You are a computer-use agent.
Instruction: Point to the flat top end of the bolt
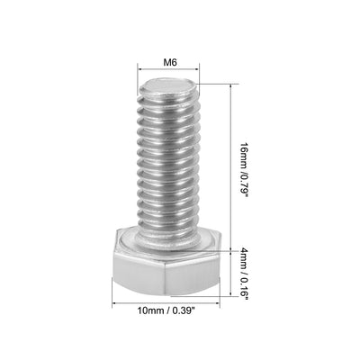pyautogui.click(x=168, y=87)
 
